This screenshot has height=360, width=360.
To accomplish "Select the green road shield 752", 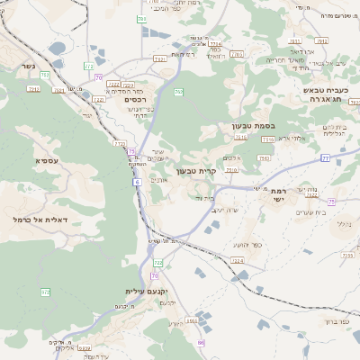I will [x=178, y=92].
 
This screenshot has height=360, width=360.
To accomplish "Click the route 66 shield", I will [x=202, y=343].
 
